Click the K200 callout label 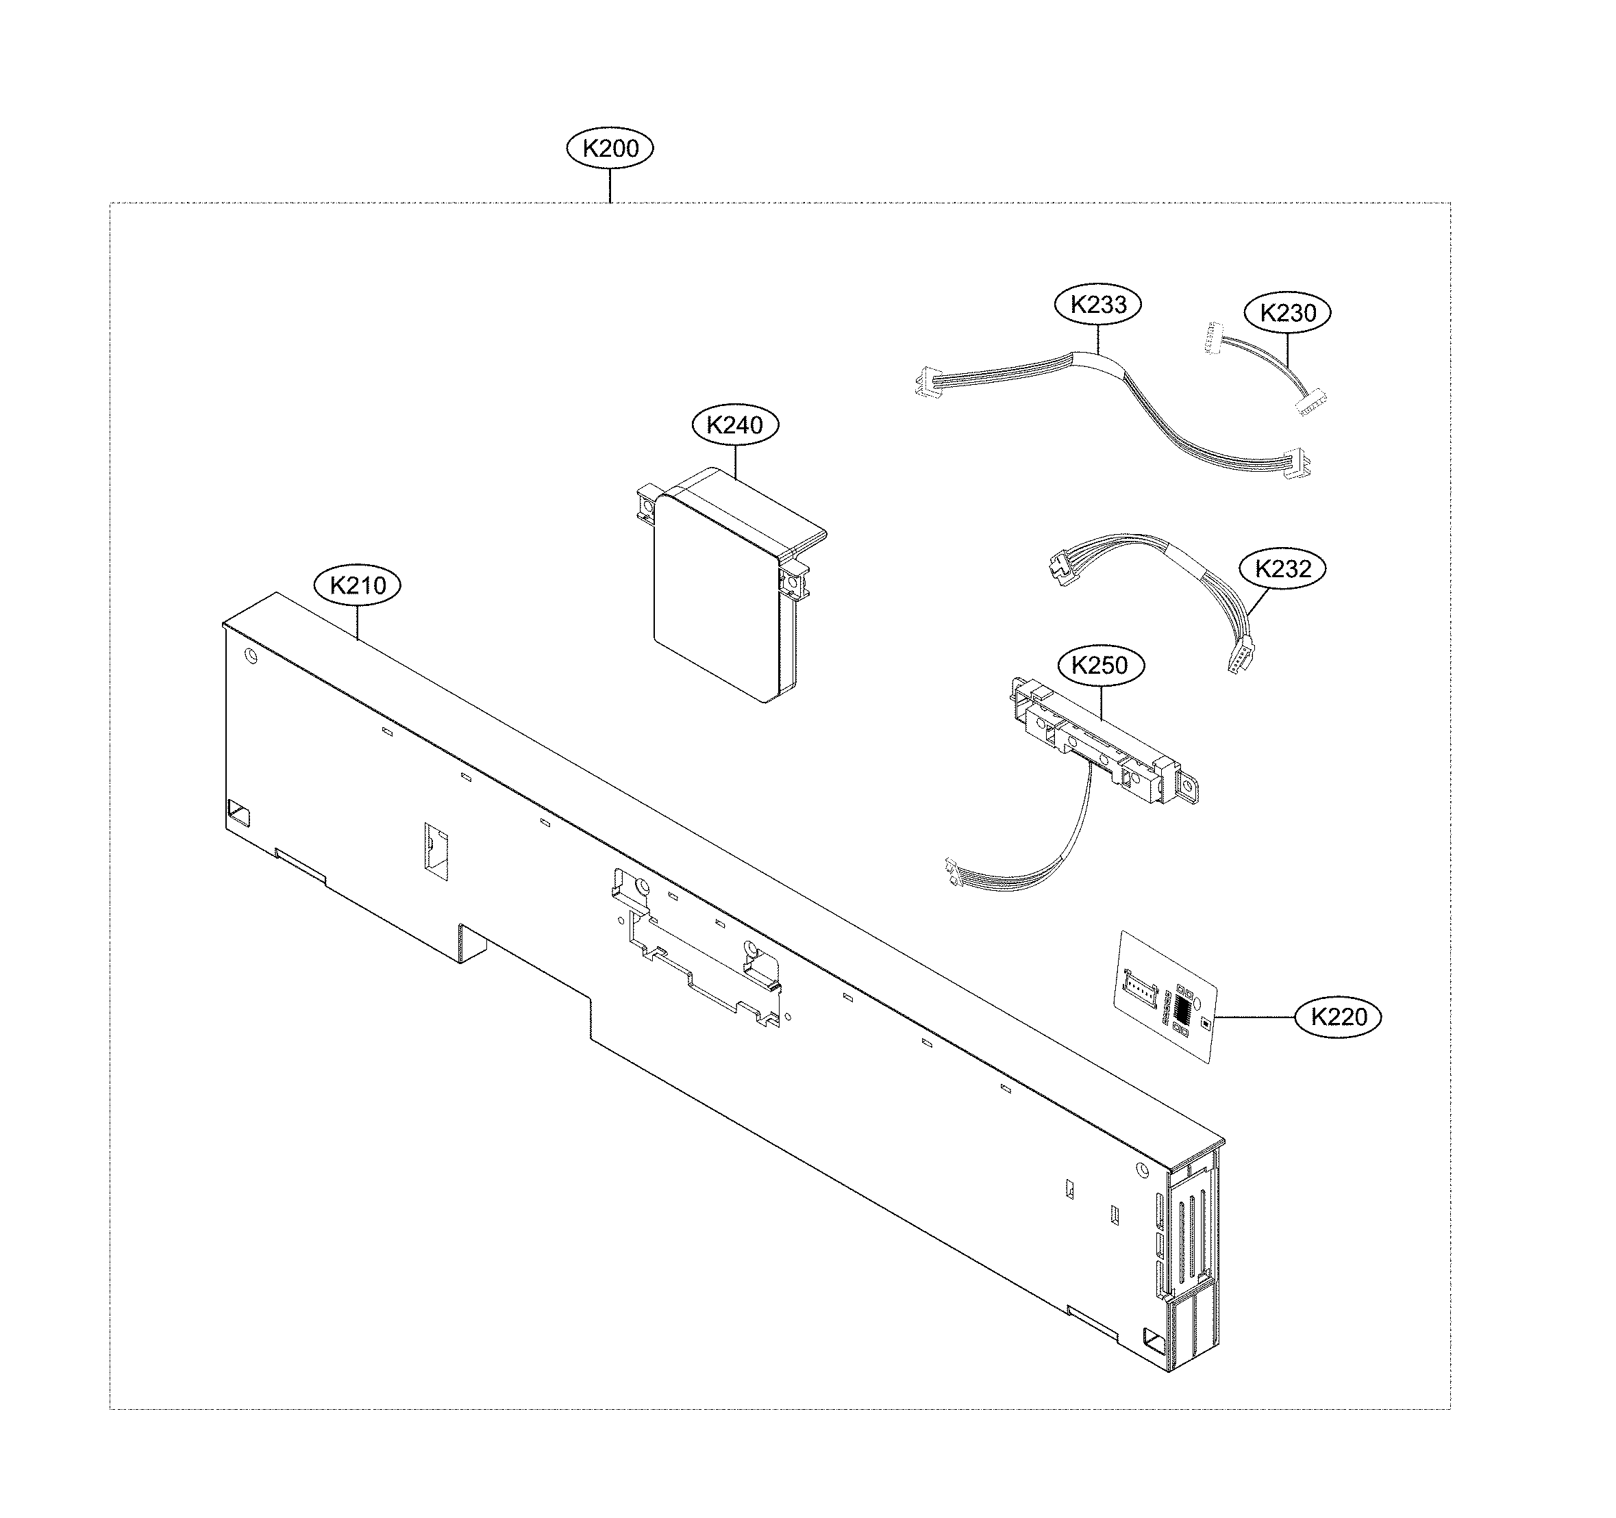pos(610,149)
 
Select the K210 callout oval pos(358,585)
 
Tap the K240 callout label pos(735,425)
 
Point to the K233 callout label pos(1097,305)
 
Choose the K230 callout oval pos(1288,313)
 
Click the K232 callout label pos(1282,569)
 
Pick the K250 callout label pos(1101,666)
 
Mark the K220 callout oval pos(1338,1017)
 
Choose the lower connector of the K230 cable pos(1310,404)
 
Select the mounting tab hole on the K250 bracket pos(1189,789)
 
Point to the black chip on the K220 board pos(1183,1010)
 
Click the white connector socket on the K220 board pos(1140,984)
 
